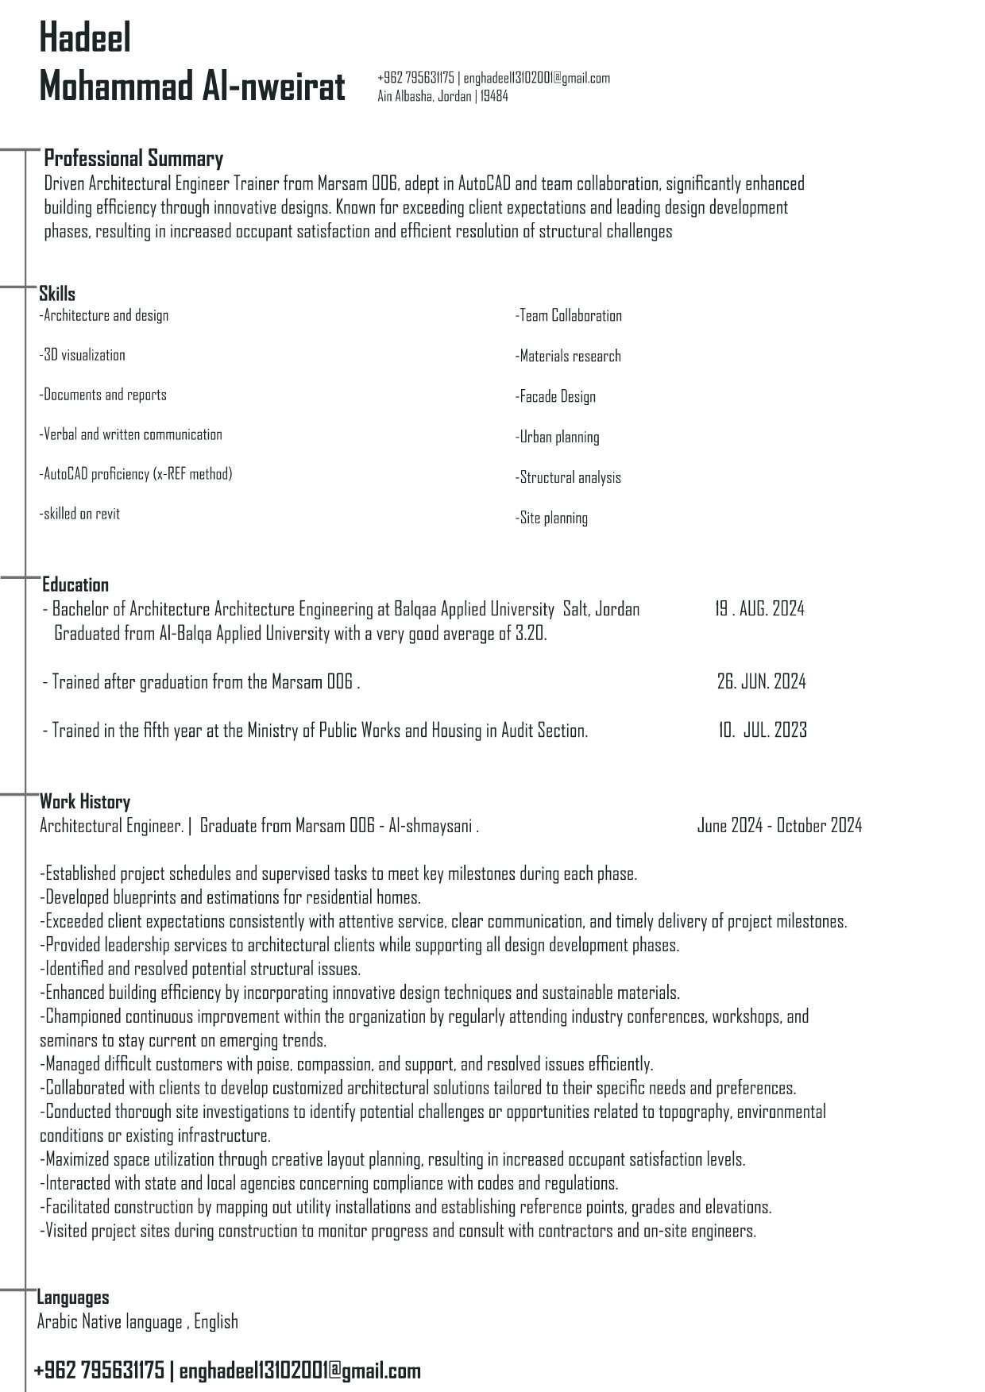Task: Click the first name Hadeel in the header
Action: pos(85,38)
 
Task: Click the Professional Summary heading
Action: pos(133,158)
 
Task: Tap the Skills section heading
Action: pos(57,294)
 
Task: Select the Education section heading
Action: pos(75,585)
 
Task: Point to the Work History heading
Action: pos(85,801)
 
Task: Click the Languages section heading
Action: pos(73,1298)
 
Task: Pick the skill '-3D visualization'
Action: pos(83,355)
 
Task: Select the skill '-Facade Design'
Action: pos(555,396)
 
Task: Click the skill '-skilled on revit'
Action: pos(79,514)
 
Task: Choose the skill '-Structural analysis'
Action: pos(568,477)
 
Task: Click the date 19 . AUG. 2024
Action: pos(759,609)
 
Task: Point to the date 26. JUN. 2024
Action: pos(761,681)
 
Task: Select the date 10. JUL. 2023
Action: pos(763,730)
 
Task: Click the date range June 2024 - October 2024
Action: pos(779,826)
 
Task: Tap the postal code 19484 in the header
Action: pos(494,97)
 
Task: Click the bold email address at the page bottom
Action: pos(300,1371)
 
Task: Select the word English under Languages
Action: pos(216,1321)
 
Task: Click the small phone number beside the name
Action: pos(415,78)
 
